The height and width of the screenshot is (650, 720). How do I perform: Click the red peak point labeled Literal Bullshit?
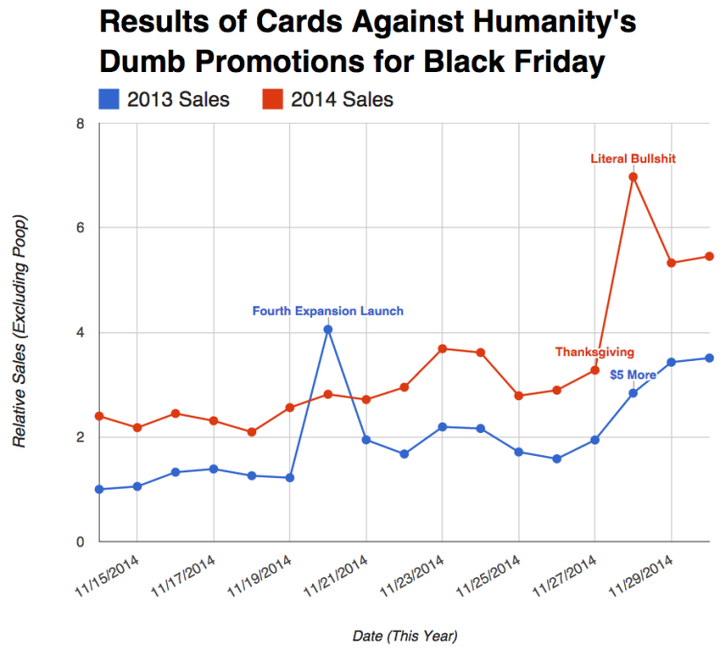[634, 177]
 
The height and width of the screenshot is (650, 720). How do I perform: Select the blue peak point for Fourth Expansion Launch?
[328, 329]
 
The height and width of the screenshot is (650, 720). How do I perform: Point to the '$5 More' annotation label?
[634, 374]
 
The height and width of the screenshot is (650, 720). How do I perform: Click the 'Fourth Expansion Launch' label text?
[327, 311]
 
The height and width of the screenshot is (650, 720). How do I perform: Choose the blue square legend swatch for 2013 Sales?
[109, 99]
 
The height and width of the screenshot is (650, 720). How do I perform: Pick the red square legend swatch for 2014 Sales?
[274, 99]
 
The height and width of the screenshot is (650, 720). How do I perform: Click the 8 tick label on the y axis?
[81, 124]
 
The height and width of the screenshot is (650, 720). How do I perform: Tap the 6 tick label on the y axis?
[81, 229]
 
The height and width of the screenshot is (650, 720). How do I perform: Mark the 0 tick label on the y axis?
[81, 542]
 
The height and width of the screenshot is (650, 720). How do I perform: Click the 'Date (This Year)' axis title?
[404, 636]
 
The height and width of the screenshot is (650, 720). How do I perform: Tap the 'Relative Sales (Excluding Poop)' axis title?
[20, 332]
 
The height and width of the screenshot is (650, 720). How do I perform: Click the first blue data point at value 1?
[99, 490]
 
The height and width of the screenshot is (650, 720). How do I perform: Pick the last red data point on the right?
[709, 256]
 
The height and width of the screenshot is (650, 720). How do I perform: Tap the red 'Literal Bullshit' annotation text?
[634, 158]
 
